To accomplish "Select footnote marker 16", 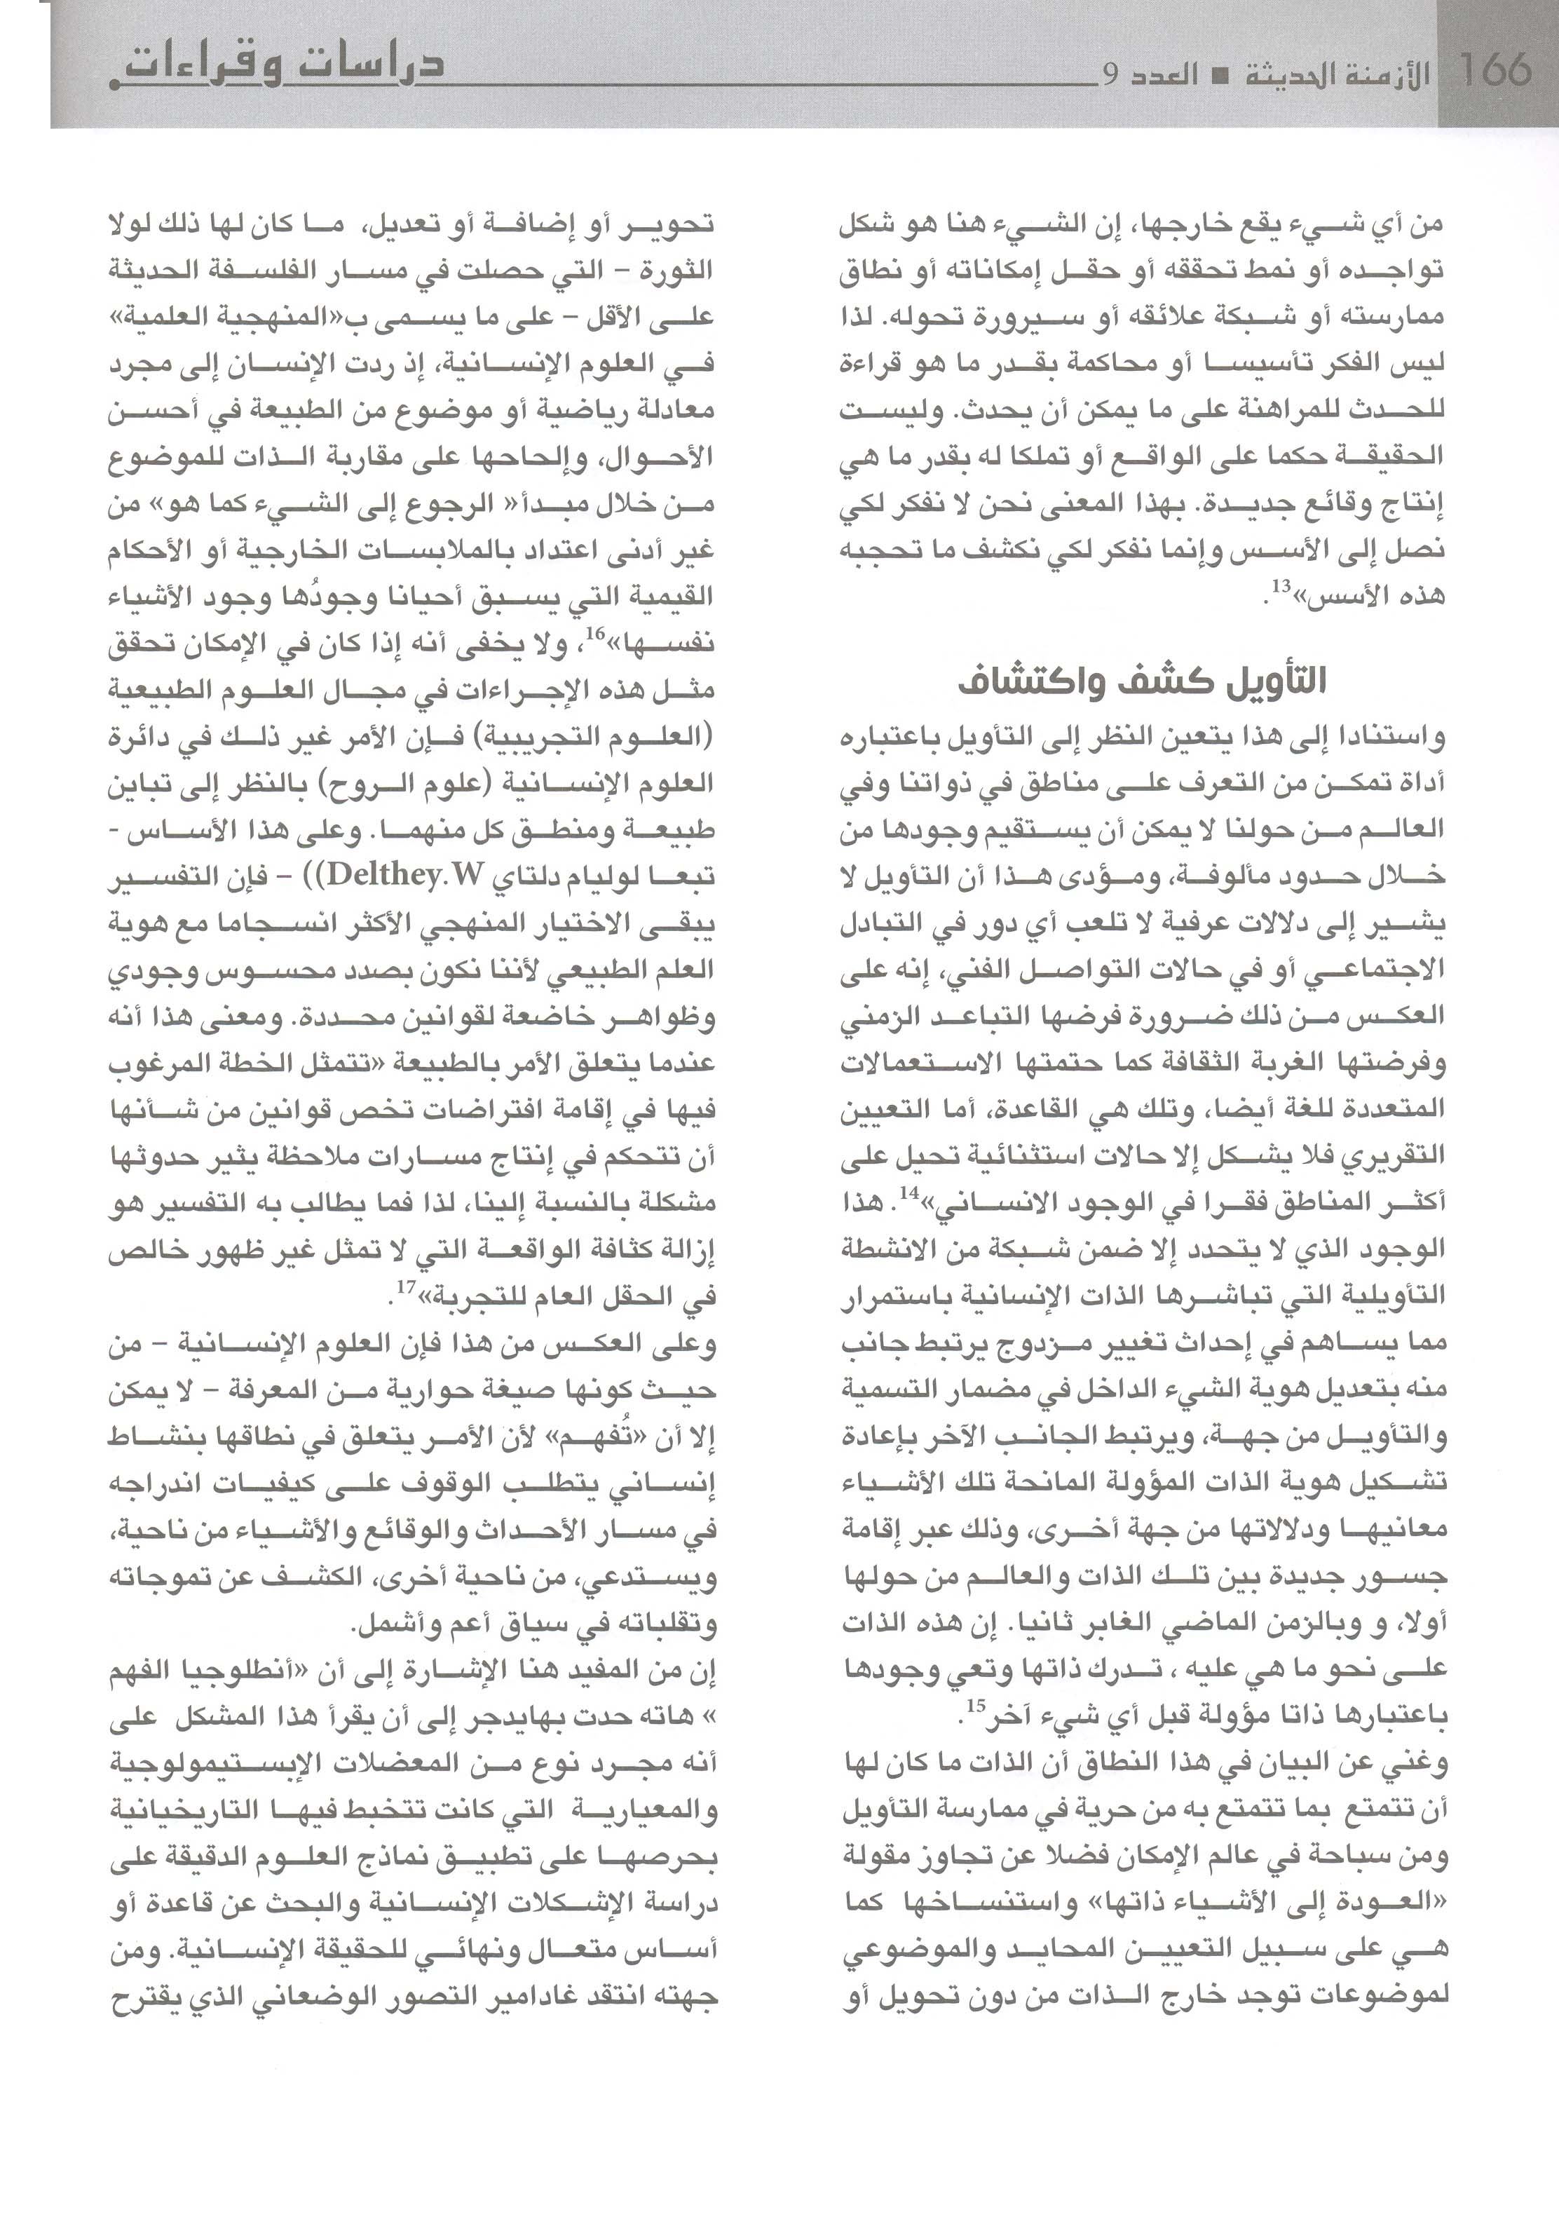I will point(588,634).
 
